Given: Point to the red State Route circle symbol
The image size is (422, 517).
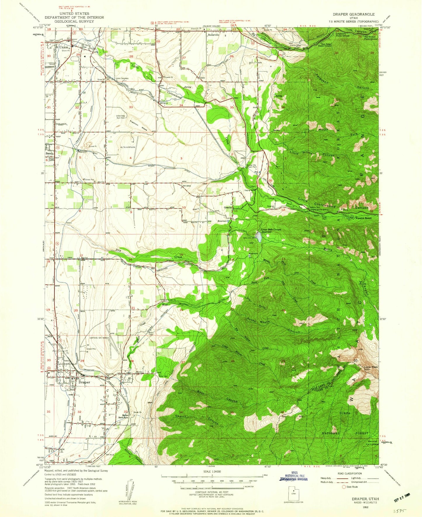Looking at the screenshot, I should [x=343, y=487].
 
